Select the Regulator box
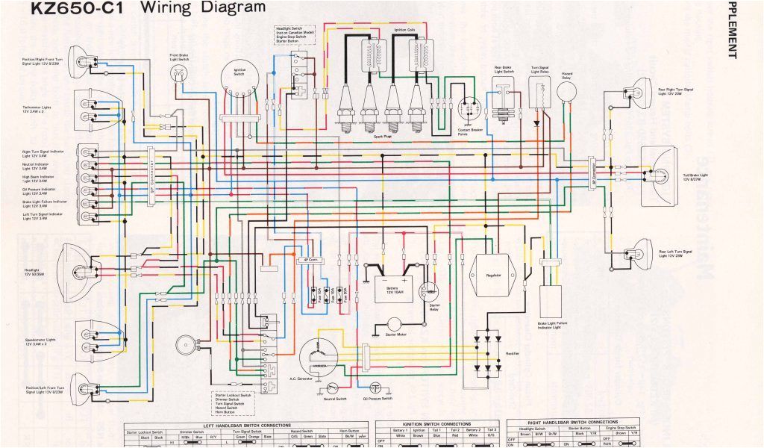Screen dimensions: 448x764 click(492, 276)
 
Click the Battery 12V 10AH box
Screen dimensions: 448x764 click(392, 287)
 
